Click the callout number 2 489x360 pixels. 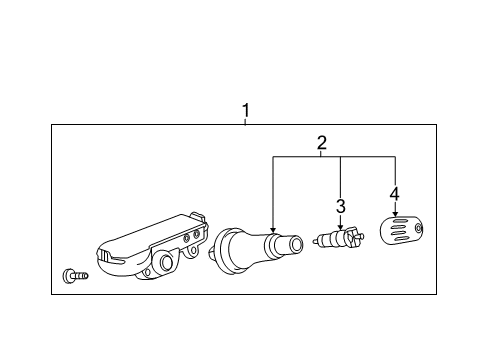[x=321, y=142]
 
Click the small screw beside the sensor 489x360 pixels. [x=73, y=274]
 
